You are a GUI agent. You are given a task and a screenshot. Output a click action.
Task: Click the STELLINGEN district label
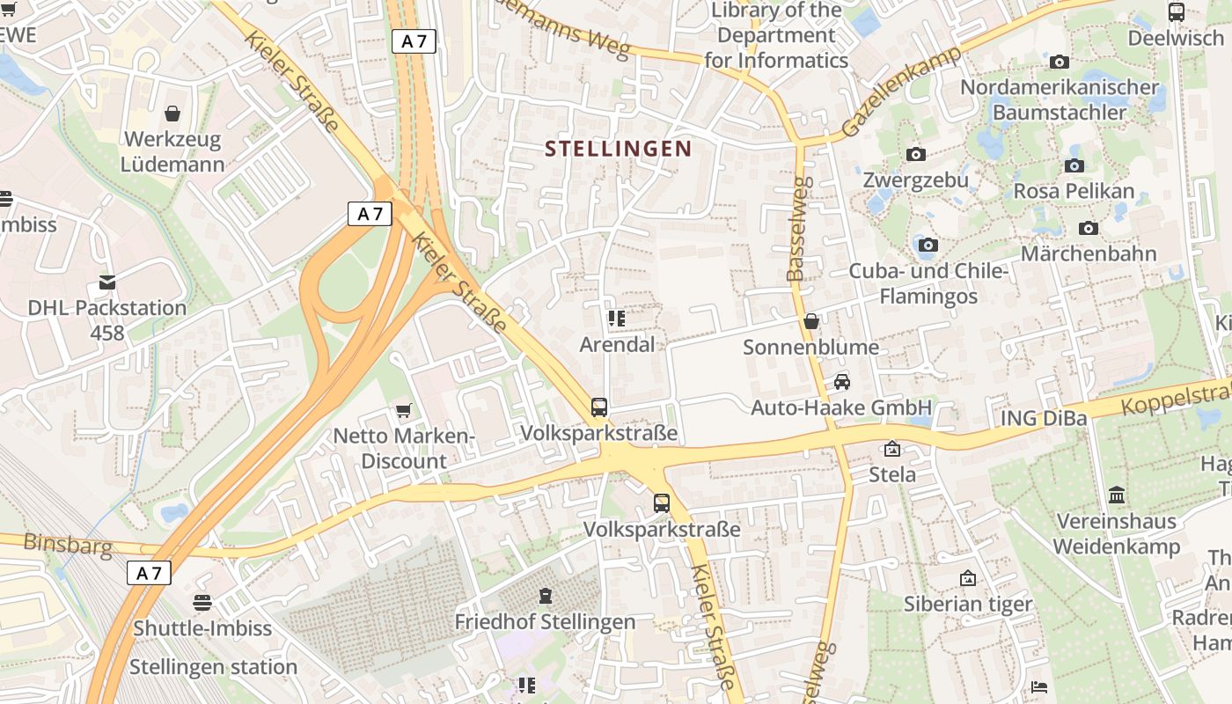(618, 149)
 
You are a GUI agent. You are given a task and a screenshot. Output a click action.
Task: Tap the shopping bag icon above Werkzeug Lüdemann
(172, 114)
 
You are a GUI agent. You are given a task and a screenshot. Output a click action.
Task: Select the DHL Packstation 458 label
(106, 320)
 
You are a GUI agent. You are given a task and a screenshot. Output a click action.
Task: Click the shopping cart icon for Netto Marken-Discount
(404, 410)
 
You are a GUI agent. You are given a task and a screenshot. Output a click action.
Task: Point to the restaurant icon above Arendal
(616, 319)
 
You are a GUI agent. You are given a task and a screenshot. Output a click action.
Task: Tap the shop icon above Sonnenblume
(811, 321)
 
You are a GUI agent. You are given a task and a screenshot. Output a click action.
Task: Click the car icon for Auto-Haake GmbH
(841, 382)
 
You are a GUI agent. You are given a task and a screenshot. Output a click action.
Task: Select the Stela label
(892, 475)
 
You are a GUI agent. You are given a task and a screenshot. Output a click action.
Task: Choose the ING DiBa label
(1044, 418)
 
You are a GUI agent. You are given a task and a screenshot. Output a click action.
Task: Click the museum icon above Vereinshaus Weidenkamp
(1117, 495)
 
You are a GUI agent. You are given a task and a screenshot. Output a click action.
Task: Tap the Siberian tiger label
(968, 604)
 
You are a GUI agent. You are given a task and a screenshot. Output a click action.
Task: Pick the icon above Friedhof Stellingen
(546, 596)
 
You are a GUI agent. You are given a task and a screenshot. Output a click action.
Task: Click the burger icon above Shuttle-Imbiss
(202, 603)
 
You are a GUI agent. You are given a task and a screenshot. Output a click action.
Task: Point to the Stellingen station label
(213, 666)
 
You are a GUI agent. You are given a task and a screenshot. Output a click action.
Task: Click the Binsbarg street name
(68, 545)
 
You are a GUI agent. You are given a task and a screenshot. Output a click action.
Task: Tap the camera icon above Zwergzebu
(916, 154)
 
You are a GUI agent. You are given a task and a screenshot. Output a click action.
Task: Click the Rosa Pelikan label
(1074, 191)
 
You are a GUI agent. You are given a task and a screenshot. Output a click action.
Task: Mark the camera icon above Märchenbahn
(1089, 228)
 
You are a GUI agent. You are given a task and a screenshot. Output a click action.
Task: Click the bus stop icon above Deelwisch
(1177, 12)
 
